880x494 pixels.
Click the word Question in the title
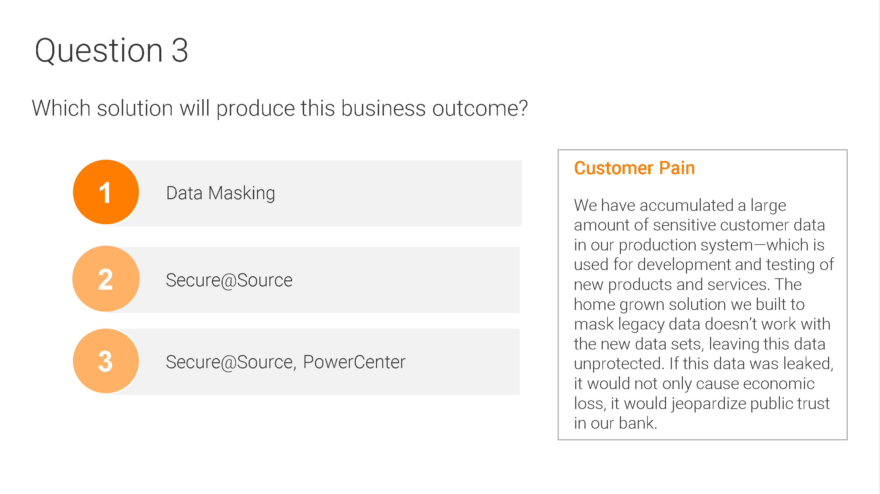(99, 51)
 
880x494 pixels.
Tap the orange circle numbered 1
(106, 192)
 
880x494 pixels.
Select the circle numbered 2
(106, 279)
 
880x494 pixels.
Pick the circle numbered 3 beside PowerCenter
(106, 361)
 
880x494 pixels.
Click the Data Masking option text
(221, 193)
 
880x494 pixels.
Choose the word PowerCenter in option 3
(354, 362)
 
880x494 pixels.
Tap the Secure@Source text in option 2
(229, 280)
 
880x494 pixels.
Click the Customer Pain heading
(634, 168)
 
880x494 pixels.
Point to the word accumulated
(687, 205)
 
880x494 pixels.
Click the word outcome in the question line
(480, 109)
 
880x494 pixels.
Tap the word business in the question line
(384, 109)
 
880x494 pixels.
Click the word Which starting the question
(61, 109)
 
